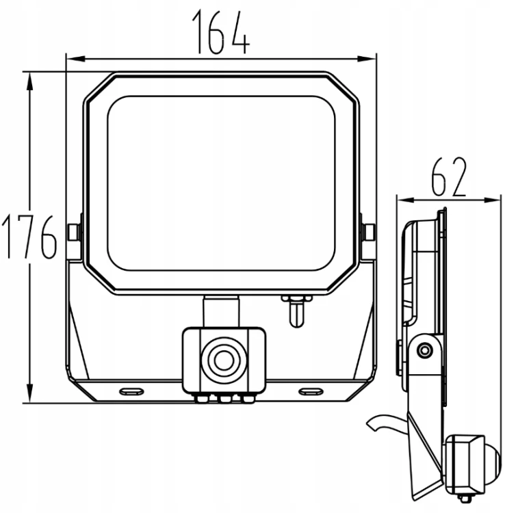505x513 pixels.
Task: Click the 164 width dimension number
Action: pos(221,32)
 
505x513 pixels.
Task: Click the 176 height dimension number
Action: pos(29,237)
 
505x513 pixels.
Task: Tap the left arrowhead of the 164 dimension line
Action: pos(75,59)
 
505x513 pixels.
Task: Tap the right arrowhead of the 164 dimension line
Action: pos(367,59)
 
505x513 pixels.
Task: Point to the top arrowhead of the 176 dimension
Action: pos(30,81)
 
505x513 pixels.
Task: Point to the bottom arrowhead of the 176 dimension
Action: pos(30,393)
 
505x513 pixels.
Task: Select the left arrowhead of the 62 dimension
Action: pos(406,200)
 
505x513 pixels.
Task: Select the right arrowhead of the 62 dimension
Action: pos(492,200)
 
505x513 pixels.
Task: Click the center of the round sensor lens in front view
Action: pos(224,360)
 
